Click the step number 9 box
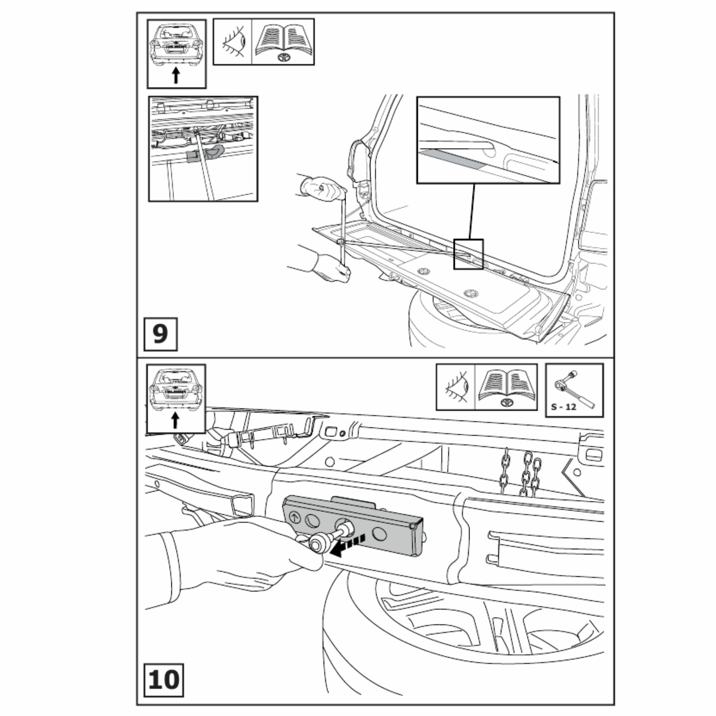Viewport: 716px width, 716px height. [x=160, y=334]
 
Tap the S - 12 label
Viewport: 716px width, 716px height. [x=563, y=407]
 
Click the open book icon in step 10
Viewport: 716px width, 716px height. [x=506, y=387]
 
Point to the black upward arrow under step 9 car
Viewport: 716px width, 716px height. [x=176, y=76]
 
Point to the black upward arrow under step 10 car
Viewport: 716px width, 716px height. [x=175, y=421]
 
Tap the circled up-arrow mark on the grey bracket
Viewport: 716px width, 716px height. [x=295, y=517]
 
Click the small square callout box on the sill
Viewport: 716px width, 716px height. [x=468, y=254]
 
